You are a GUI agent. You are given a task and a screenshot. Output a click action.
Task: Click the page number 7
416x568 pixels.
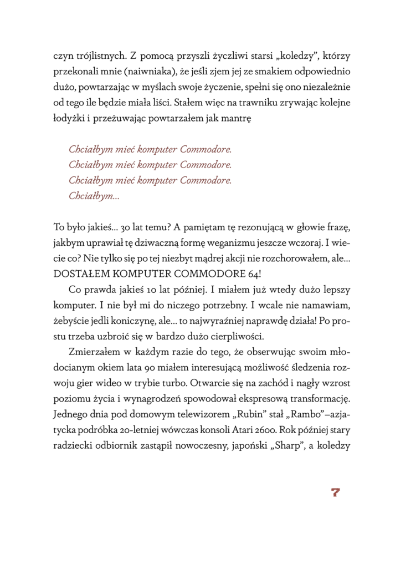coord(335,493)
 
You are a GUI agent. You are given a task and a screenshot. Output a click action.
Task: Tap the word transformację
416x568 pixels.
coord(313,398)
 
